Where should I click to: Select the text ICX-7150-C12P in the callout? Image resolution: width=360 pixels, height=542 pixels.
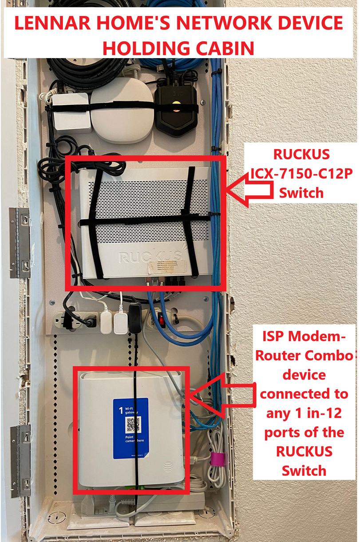301,174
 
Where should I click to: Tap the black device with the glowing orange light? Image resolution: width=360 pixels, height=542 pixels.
176,109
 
